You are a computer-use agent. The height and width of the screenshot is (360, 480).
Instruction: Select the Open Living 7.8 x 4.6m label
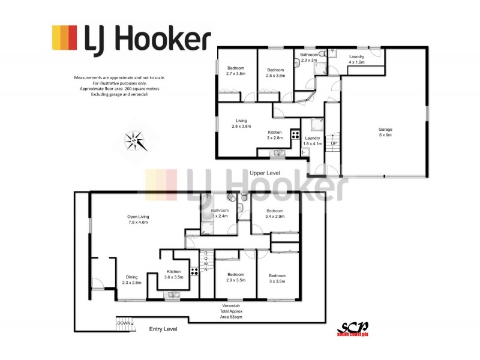click(x=138, y=220)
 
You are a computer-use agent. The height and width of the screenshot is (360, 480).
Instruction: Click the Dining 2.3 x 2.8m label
click(x=131, y=280)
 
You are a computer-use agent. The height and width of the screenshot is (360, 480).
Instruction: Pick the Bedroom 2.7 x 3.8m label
click(x=235, y=71)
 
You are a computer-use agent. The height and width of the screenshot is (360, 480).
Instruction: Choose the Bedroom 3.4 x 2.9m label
click(x=275, y=214)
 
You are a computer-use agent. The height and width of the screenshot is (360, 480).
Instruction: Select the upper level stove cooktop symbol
click(x=295, y=134)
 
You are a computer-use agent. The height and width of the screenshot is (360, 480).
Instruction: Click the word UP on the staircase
click(x=334, y=143)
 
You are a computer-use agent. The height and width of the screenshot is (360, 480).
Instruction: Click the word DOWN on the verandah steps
click(x=123, y=323)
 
